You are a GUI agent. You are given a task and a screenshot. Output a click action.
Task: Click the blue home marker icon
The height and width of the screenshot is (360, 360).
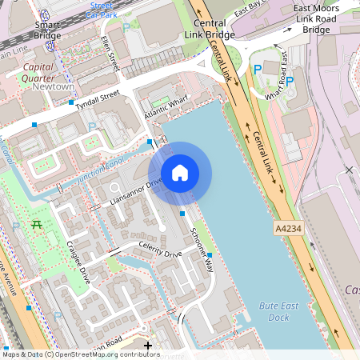pyautogui.click(x=180, y=173)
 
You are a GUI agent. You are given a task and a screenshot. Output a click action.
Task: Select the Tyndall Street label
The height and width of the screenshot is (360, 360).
pyautogui.click(x=98, y=105)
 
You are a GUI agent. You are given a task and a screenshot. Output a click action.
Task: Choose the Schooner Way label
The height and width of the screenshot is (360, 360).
pyautogui.click(x=202, y=249)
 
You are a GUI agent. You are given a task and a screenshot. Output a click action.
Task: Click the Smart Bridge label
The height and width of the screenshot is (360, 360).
pyautogui.click(x=47, y=30)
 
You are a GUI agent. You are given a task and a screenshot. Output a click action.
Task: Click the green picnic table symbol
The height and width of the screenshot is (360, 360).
pyautogui.click(x=35, y=225)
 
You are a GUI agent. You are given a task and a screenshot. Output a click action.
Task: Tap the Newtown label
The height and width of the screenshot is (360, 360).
pyautogui.click(x=53, y=86)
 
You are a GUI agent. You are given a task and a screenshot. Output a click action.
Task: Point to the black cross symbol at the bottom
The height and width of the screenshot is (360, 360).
pyautogui.click(x=148, y=346)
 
